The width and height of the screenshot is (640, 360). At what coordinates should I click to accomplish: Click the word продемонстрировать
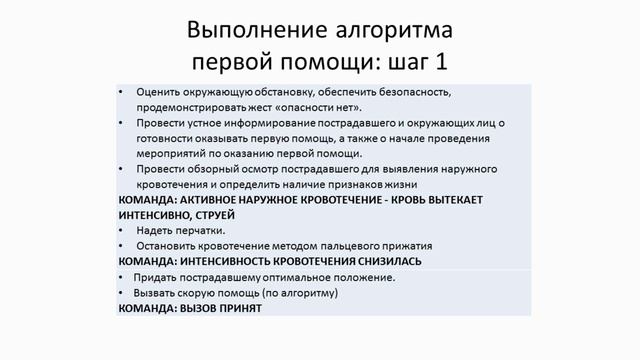coord(195,107)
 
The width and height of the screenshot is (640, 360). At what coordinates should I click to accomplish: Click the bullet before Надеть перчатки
coord(122,230)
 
